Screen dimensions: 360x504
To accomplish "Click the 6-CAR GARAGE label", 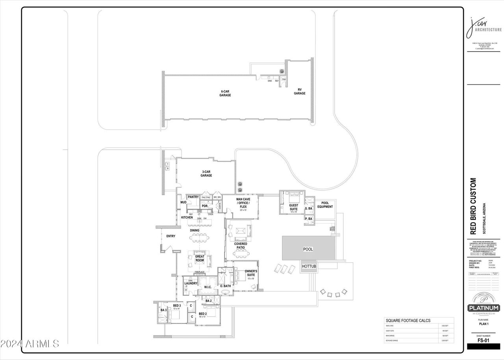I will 225,93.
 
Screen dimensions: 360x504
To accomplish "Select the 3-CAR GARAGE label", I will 206,173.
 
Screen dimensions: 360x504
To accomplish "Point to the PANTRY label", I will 193,197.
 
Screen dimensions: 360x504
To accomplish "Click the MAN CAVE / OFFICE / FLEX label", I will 243,203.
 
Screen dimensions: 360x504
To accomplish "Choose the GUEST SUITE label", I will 293,207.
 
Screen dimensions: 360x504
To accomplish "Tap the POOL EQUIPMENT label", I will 325,205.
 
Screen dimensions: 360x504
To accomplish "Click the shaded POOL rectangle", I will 309,249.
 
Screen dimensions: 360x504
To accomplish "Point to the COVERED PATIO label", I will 241,246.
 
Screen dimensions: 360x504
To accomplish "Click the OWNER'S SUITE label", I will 251,273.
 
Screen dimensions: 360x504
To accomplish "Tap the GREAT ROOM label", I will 200,259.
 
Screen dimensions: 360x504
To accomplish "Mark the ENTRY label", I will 170,236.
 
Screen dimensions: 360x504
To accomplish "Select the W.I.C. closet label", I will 208,287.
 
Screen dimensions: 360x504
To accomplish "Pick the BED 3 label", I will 177,306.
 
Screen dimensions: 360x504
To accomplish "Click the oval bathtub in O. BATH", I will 225,292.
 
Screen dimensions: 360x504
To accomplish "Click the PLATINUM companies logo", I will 483,308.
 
